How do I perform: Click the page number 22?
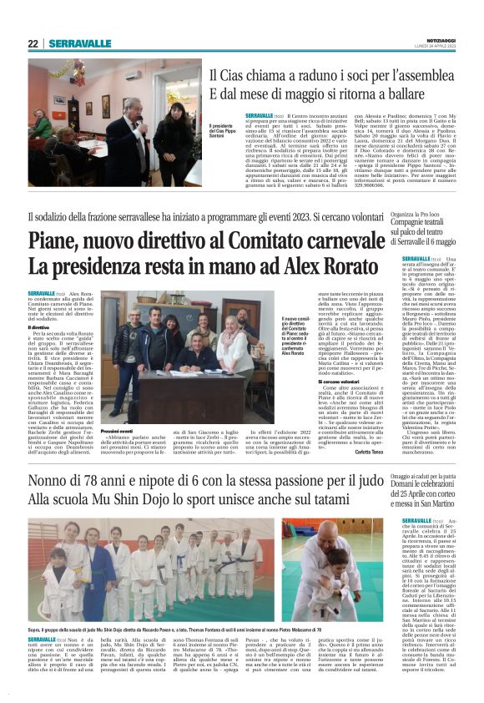[32, 43]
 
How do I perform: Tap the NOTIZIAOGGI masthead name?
[440, 39]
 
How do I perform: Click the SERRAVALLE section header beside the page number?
[79, 43]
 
